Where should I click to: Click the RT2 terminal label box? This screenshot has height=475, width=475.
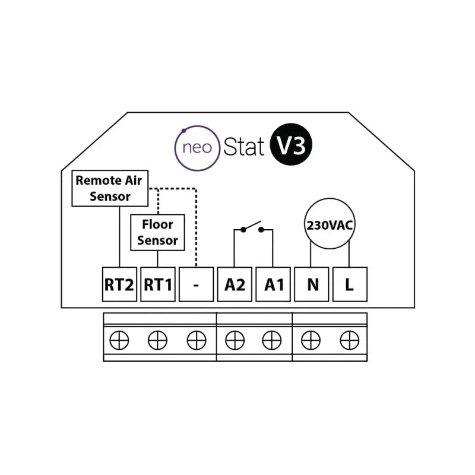119,284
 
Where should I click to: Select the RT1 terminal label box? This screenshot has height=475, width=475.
157,284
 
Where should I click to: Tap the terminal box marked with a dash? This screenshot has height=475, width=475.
196,284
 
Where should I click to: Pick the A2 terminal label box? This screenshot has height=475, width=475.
235,284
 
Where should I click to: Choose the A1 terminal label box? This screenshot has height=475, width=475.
274,284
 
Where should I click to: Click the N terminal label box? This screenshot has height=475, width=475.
312,284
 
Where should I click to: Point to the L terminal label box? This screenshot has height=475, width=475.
350,284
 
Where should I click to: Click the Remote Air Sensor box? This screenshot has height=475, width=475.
110,188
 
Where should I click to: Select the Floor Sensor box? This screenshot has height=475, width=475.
157,232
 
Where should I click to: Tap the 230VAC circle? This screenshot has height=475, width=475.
330,224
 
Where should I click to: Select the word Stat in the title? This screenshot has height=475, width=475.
243,147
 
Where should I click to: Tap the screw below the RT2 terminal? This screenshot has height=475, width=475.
119,340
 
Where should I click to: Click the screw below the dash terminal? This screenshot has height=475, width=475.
196,340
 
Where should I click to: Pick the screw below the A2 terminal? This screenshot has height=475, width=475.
235,340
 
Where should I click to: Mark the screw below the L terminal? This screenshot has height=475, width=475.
348,340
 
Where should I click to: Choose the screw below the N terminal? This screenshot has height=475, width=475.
311,340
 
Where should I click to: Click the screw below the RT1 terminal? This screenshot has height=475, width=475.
157,340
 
